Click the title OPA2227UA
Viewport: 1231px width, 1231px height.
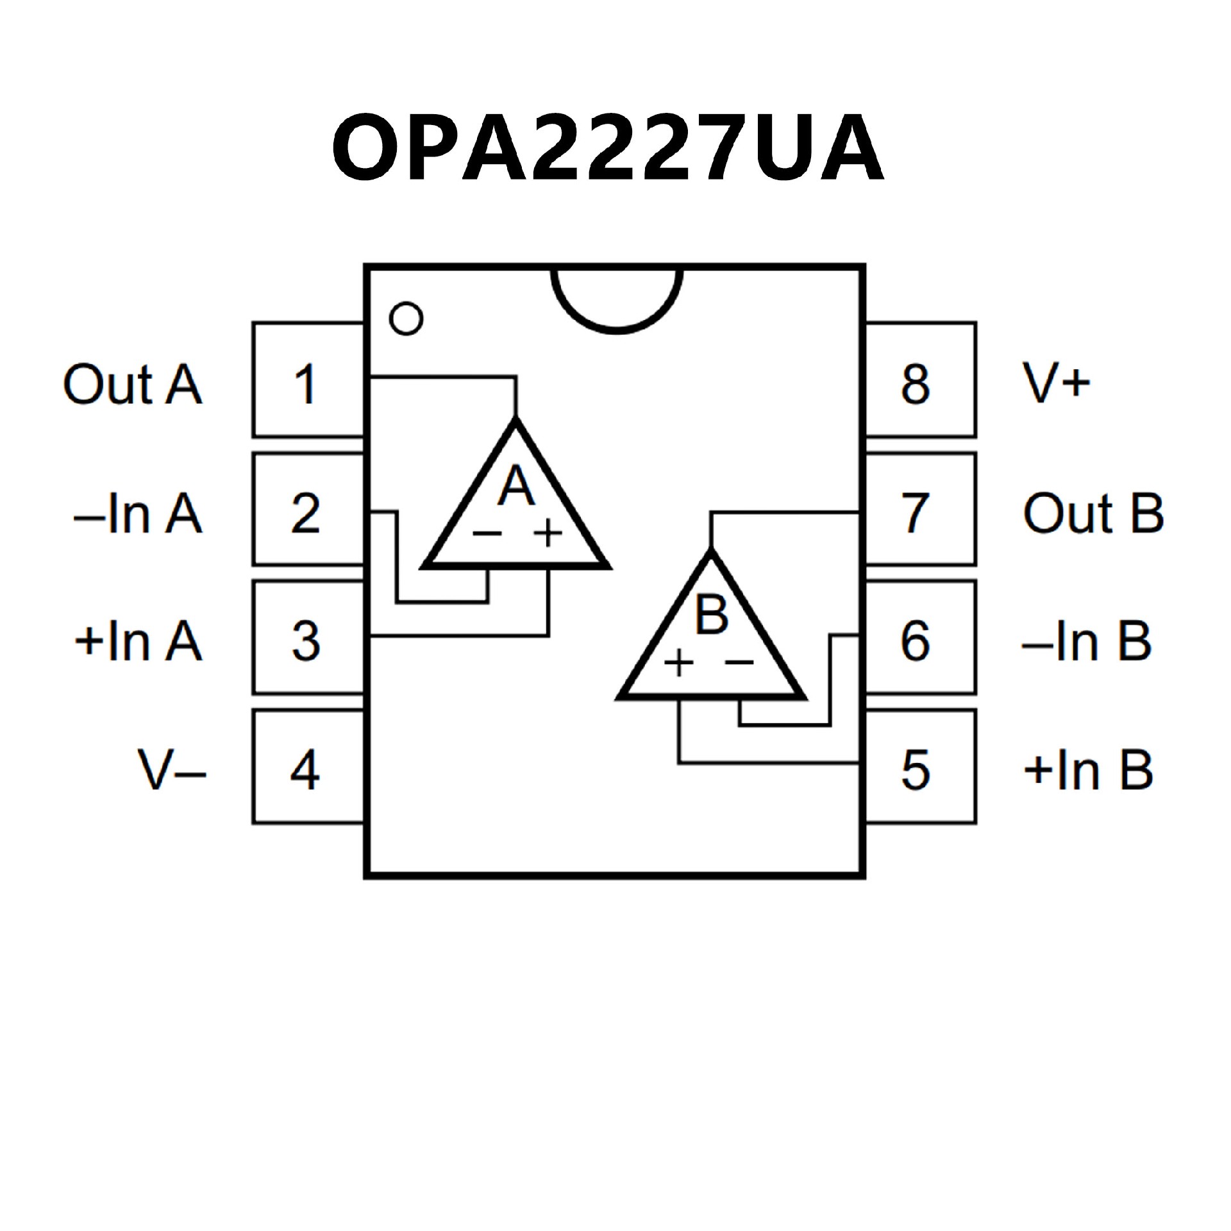point(608,149)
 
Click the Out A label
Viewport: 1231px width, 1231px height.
point(132,385)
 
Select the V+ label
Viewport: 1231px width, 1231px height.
point(1055,383)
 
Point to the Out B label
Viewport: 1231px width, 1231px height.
point(1093,513)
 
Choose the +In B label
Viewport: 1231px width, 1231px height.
point(1088,769)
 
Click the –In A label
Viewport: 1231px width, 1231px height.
point(138,513)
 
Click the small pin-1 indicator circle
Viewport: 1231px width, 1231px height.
point(406,318)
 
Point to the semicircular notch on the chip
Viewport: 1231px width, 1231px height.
point(616,298)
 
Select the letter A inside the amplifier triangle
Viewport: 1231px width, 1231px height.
point(517,487)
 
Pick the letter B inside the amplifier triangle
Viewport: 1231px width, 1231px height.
point(712,614)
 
